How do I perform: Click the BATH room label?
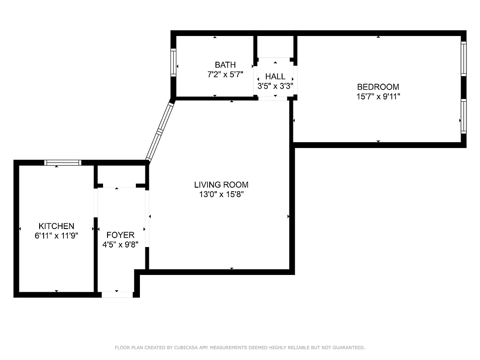(x=225, y=65)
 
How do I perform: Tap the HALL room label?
(x=275, y=76)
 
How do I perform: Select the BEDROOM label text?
(x=378, y=87)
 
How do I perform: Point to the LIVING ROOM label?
(x=221, y=184)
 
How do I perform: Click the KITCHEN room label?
(x=56, y=226)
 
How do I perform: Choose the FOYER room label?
(x=120, y=235)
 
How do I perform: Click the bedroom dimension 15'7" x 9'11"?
(x=378, y=96)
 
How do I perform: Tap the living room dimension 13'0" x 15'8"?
(x=221, y=194)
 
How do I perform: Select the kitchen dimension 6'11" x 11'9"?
(x=56, y=235)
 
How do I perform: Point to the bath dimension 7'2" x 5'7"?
(x=225, y=75)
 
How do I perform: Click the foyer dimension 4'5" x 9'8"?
(x=120, y=244)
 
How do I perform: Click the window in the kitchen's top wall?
(x=63, y=162)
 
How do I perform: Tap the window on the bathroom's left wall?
(x=173, y=63)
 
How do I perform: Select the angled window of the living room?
(x=160, y=131)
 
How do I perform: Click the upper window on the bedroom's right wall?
(x=463, y=58)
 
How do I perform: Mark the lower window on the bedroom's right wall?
(x=463, y=116)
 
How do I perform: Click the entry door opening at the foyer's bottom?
(x=117, y=295)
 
